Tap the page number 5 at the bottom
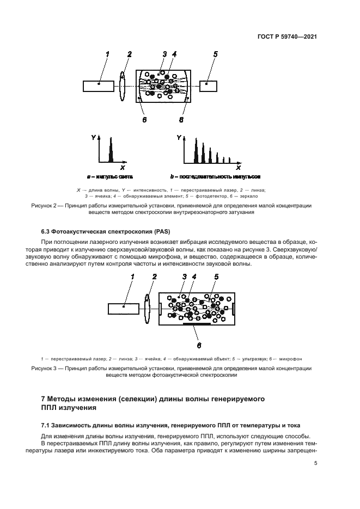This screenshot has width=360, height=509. click(315, 463)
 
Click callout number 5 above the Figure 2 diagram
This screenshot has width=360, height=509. click(216, 54)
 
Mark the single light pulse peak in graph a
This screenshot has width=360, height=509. click(111, 151)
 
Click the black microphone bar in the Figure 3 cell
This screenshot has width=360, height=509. click(196, 324)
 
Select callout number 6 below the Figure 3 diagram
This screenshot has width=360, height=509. click(198, 344)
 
